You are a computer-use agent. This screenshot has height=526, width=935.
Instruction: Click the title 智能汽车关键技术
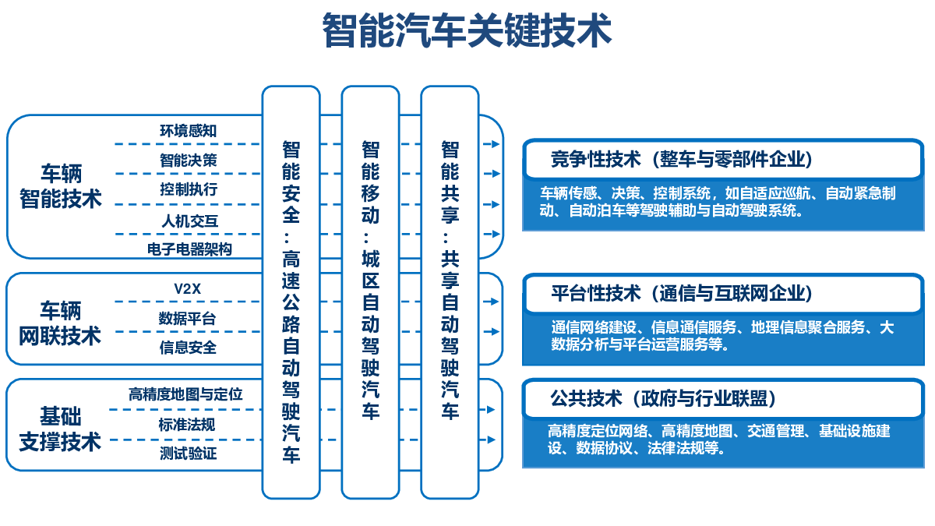[467, 30]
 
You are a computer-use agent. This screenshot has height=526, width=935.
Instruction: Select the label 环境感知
[189, 131]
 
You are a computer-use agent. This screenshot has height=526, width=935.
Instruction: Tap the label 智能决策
[189, 160]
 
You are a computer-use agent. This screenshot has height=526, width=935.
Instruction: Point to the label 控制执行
[189, 189]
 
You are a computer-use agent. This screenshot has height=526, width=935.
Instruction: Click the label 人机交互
[190, 221]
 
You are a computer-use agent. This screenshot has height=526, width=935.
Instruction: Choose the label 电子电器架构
[189, 249]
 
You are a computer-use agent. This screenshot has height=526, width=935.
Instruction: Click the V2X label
[188, 288]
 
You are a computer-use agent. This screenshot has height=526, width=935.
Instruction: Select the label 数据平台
[187, 319]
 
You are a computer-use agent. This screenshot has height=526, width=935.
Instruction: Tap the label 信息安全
[188, 348]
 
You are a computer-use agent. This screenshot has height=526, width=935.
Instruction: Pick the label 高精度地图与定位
[185, 394]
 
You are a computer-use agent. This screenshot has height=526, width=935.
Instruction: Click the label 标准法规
[186, 425]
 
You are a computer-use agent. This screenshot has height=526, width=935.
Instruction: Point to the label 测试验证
[189, 454]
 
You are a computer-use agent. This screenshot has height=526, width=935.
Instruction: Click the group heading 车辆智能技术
[61, 185]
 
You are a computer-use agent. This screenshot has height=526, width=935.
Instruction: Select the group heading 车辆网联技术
[60, 323]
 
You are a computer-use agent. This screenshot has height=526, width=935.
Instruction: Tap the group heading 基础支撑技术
[60, 429]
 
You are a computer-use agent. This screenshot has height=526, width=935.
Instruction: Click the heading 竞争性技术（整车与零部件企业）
[682, 159]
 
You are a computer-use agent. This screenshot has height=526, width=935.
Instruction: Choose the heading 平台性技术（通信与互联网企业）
[682, 293]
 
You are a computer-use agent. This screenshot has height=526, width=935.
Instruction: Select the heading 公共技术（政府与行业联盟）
[664, 398]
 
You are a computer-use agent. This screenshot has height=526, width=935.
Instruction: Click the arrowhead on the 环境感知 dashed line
[496, 144]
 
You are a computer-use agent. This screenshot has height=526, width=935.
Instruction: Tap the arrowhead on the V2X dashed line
[495, 302]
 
